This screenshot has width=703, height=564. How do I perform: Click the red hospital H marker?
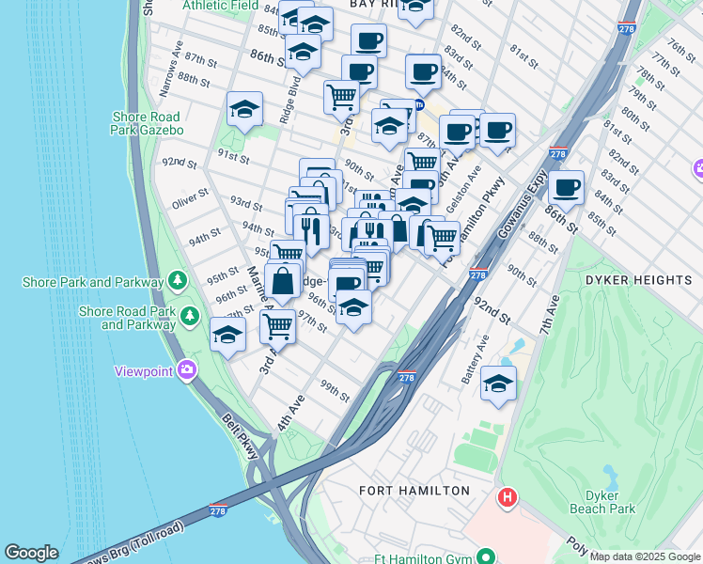508,496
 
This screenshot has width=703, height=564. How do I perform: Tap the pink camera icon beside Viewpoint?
188,370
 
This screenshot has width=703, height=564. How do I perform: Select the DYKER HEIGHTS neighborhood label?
638,280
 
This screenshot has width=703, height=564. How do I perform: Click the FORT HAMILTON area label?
414,491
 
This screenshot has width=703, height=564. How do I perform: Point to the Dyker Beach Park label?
602,501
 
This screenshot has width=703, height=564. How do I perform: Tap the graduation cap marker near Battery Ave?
498,383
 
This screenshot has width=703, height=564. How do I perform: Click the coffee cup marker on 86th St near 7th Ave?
566,187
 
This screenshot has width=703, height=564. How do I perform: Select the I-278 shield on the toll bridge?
219,509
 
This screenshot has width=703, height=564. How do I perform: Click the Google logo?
31,553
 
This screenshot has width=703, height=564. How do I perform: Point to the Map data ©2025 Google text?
645,556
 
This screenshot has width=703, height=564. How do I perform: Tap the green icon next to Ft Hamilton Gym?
486,555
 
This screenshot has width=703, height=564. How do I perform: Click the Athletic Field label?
221,5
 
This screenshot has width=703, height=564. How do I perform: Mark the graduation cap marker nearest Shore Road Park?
227,335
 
